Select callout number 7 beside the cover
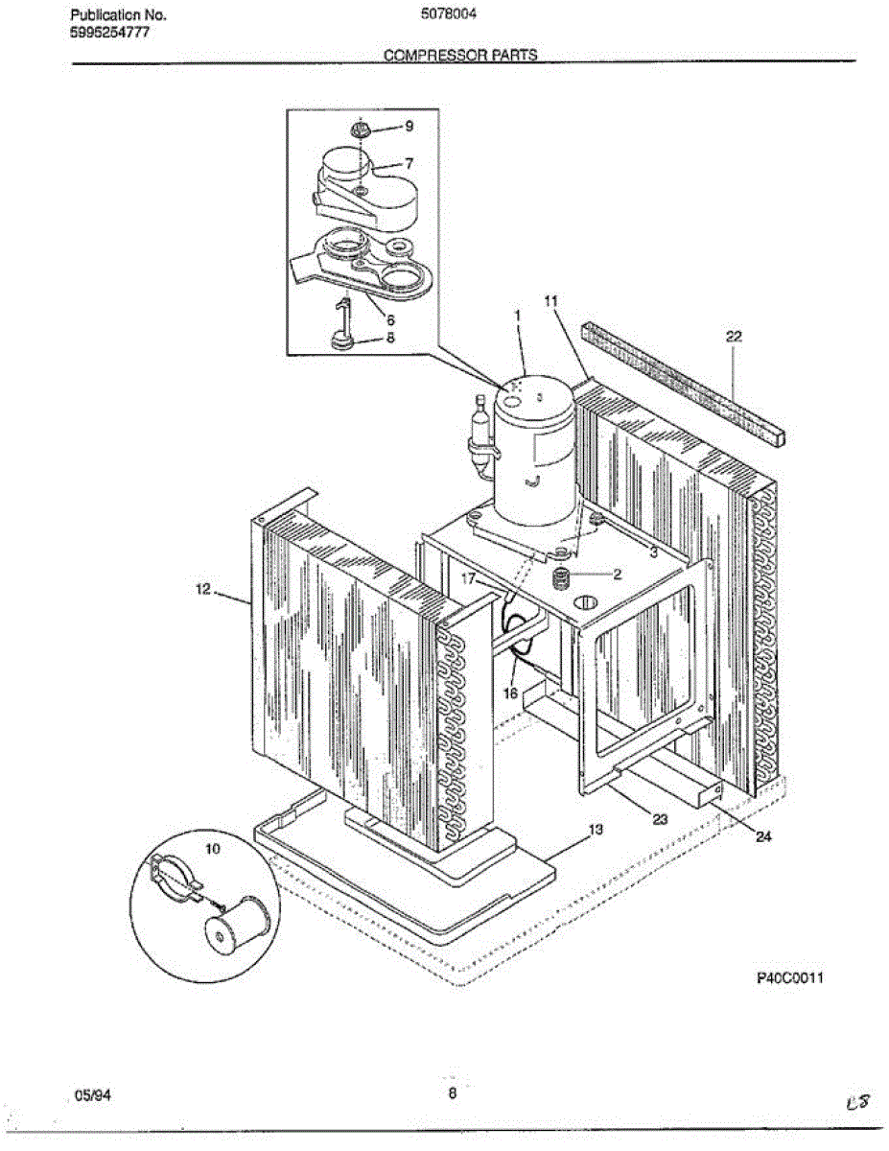pos(409,163)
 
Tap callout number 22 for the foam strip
pos(734,336)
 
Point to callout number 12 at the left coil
pos(202,591)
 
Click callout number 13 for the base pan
pos(596,829)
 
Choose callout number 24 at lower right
pos(762,836)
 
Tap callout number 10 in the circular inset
pos(212,850)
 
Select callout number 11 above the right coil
pos(550,300)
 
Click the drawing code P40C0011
pos(790,978)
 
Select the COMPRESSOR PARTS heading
pos(460,56)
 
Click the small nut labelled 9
pos(361,129)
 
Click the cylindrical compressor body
pos(533,451)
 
